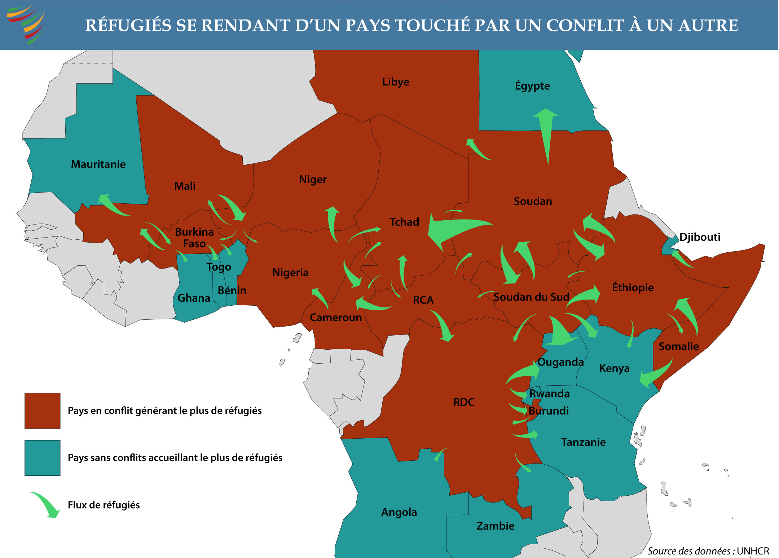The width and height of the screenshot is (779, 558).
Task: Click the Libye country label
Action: (x=396, y=82)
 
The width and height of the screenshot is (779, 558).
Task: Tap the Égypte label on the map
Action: (x=532, y=86)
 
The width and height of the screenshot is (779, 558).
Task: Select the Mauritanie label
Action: (x=98, y=164)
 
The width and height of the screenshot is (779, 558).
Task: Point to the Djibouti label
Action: (x=700, y=237)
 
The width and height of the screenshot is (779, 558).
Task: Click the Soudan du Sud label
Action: (x=531, y=297)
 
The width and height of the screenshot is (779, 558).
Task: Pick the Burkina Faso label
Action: (x=194, y=238)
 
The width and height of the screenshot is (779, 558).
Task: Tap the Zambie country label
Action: (x=495, y=526)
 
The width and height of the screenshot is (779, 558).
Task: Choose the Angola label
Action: (x=399, y=512)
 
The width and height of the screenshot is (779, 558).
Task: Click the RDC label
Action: (x=464, y=402)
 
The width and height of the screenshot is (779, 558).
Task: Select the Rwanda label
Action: (x=549, y=394)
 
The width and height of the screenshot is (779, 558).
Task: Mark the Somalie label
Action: (x=678, y=346)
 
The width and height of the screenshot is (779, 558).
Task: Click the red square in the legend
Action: (x=42, y=411)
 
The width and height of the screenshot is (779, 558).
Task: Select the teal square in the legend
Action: (x=42, y=458)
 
